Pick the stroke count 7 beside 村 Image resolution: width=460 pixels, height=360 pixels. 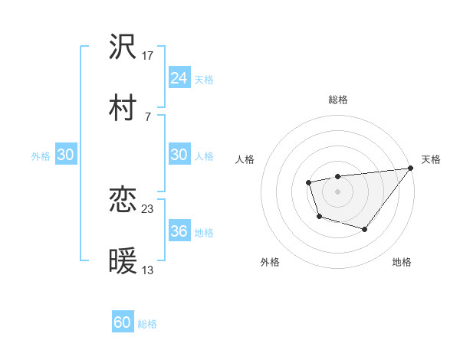pos(148,116)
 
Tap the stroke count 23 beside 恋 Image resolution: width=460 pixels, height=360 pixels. pos(149,209)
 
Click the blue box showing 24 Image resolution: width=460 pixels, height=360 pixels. pos(179,78)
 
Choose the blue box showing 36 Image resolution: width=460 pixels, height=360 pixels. pos(179,231)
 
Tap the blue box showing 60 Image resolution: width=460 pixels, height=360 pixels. pos(123,322)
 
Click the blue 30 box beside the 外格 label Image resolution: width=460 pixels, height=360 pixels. pos(66,155)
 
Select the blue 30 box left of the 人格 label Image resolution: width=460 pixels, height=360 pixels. pos(179,155)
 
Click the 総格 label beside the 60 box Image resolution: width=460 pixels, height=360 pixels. pos(148,324)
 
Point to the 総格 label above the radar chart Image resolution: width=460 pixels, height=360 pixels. pos(338,100)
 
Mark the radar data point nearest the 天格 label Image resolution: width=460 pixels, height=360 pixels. pos(412,169)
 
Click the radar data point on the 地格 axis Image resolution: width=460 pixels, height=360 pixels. pos(365,229)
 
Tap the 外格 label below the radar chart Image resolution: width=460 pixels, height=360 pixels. pos(270,263)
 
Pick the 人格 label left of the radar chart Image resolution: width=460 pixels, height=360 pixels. pos(245,159)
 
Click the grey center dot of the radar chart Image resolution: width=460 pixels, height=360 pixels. pos(338,190)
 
